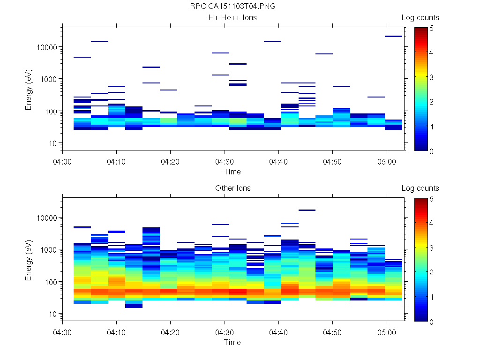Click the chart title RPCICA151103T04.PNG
(232, 7)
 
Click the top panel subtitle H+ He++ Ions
(232, 18)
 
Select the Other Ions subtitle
(232, 188)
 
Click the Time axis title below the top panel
(232, 172)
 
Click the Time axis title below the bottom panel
(232, 342)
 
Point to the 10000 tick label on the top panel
(46, 47)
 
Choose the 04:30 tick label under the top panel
(225, 161)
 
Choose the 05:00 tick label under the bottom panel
(386, 332)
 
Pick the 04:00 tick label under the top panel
(63, 161)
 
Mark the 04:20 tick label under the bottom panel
(171, 332)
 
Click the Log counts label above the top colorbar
(420, 18)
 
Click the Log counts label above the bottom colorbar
(420, 188)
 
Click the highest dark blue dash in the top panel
(394, 36)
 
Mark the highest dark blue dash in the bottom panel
(307, 210)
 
